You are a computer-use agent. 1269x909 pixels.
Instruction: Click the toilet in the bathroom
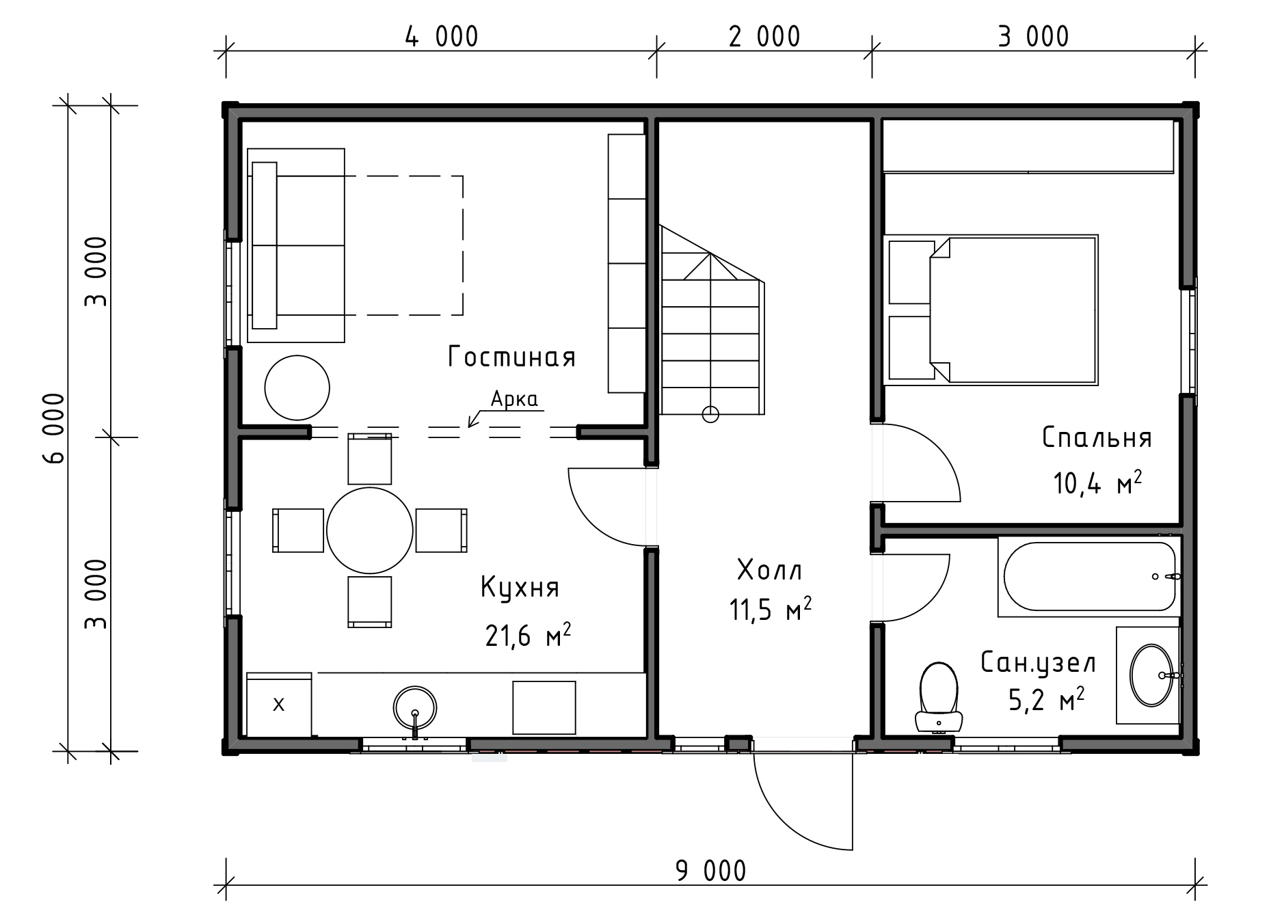point(939,696)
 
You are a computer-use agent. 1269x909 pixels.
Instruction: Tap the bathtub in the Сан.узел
point(1089,576)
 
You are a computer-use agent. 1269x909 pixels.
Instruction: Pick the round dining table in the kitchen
point(370,530)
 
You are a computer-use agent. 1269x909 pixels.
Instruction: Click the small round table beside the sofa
point(297,388)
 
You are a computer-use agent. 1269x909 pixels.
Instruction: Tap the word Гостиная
point(511,357)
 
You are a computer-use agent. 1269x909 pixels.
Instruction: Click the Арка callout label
point(514,399)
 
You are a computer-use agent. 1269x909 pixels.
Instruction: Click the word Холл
point(770,569)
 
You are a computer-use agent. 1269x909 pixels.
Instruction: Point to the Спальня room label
point(1097,437)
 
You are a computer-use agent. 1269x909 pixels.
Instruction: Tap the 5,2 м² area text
point(1047,699)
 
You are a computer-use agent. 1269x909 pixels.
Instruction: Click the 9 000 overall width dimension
point(711,871)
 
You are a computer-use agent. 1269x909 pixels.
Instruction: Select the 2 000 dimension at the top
point(764,36)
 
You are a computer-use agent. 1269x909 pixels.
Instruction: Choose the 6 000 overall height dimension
point(54,429)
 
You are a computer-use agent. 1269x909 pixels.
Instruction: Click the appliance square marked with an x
point(279,704)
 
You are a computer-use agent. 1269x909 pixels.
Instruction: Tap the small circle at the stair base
point(711,413)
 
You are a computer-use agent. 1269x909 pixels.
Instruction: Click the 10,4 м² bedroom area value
point(1097,483)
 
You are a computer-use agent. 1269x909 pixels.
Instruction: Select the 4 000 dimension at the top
point(442,36)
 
